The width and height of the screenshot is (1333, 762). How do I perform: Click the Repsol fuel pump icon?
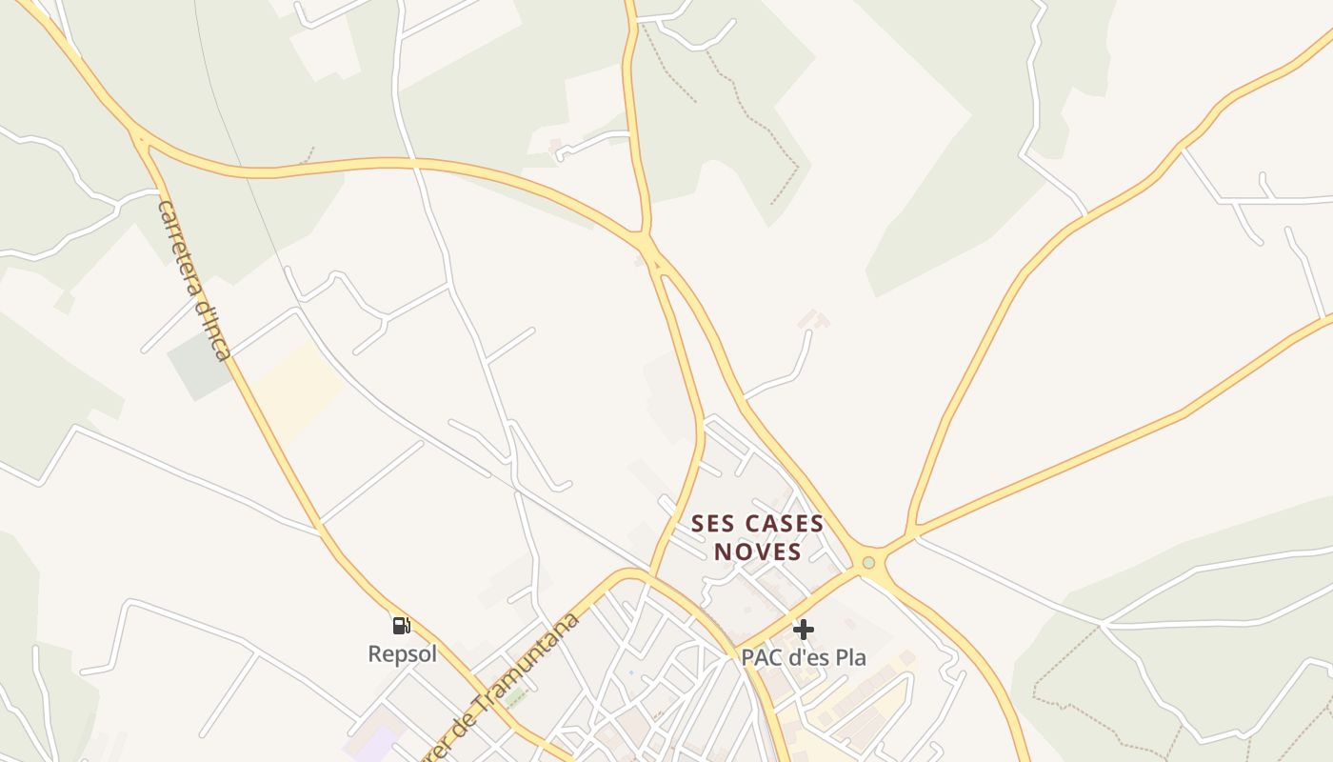(402, 626)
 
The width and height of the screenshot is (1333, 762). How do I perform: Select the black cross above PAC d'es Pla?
(804, 630)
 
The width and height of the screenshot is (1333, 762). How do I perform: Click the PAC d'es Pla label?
(804, 657)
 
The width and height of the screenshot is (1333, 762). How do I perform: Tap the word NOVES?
(758, 551)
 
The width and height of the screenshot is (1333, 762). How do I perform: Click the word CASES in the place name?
(785, 524)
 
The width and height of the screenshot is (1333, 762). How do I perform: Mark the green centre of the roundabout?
(868, 563)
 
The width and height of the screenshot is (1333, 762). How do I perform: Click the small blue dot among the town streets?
(630, 673)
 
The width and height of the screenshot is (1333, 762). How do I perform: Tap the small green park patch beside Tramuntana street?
(516, 698)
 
